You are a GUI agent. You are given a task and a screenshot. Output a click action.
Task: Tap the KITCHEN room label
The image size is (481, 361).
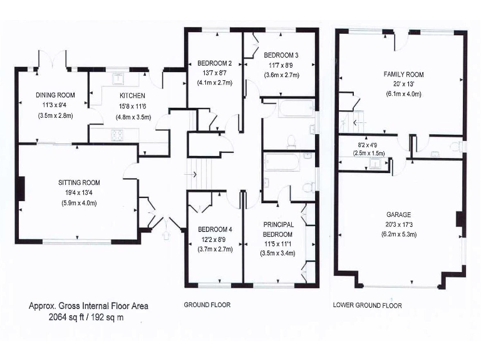coord(132,96)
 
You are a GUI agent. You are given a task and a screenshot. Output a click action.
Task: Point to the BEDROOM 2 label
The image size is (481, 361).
coord(215,63)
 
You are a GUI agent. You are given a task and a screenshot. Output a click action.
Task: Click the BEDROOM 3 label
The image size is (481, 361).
coord(281,54)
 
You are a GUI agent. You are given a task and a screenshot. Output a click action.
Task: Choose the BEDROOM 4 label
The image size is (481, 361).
coord(215,229)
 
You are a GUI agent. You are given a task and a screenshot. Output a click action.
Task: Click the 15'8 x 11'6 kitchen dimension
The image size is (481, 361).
coord(132,107)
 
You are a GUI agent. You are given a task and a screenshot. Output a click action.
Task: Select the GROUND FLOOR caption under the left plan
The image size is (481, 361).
coord(207,305)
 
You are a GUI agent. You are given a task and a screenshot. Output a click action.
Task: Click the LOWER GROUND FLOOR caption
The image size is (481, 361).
coord(368,305)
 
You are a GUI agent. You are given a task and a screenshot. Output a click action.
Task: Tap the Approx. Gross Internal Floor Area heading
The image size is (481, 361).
coord(88,306)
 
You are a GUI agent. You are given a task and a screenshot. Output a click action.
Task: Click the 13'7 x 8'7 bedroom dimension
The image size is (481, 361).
coord(215,73)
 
